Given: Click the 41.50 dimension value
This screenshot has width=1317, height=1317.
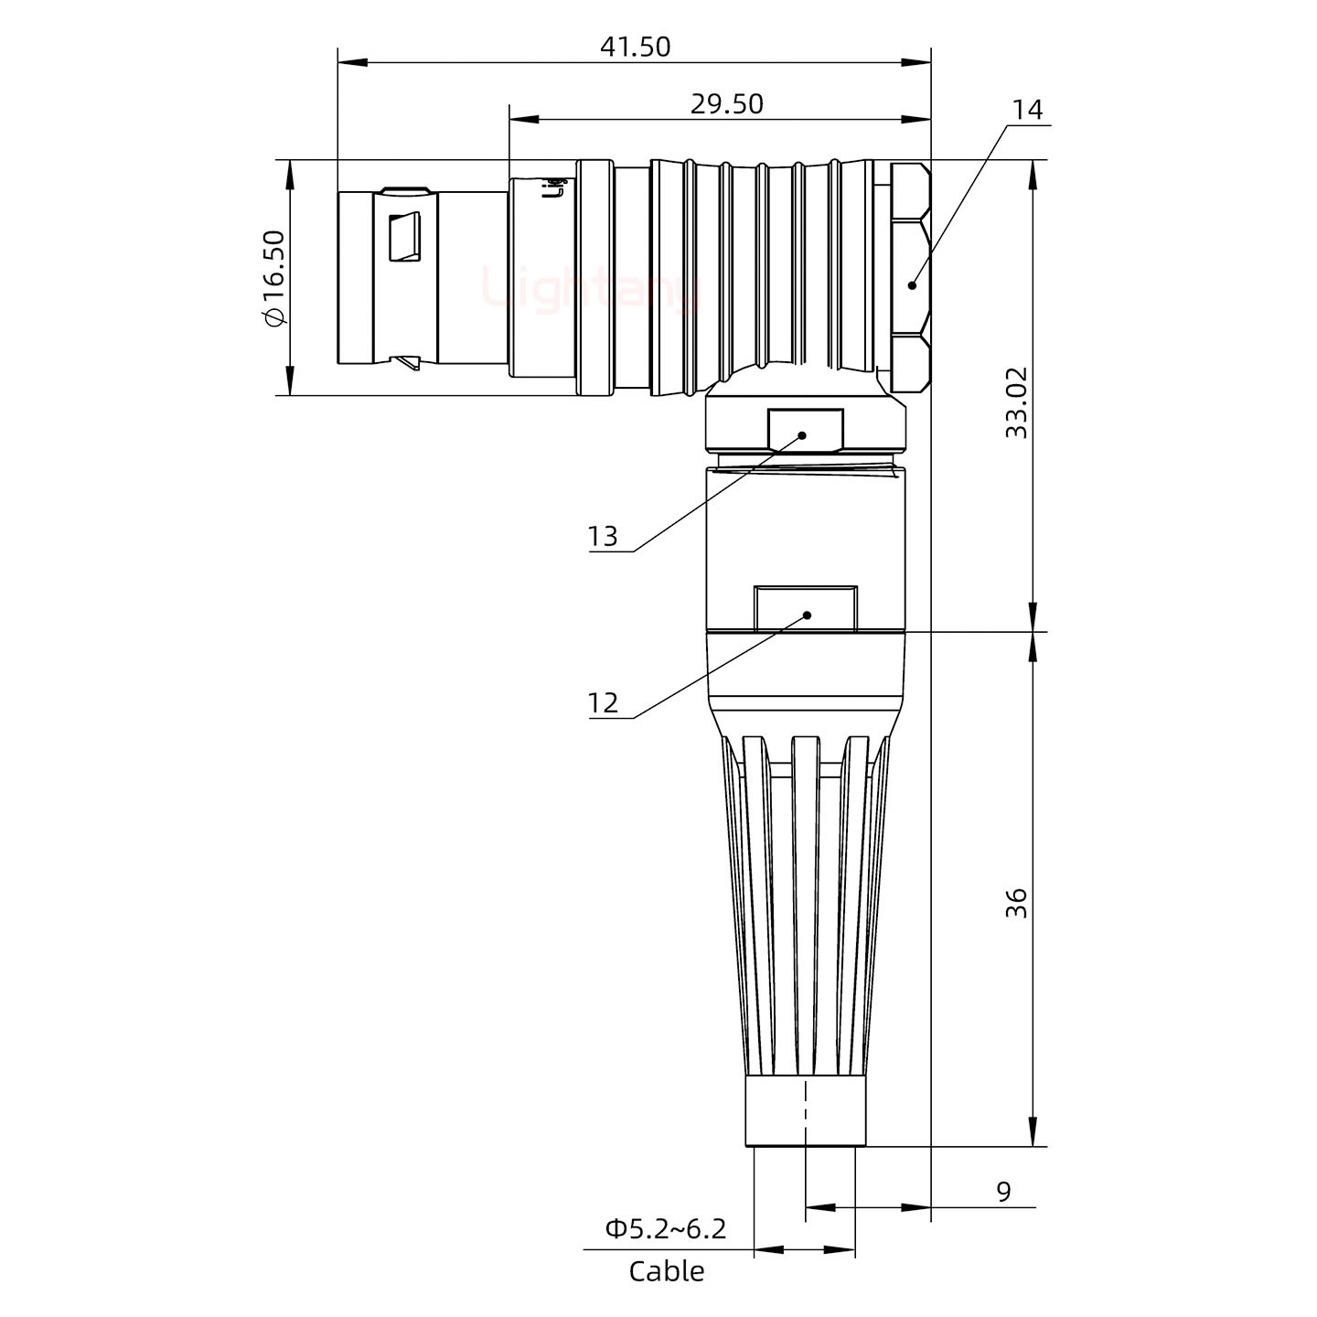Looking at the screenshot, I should [635, 47].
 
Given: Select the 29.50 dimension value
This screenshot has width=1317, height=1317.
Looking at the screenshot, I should [726, 104].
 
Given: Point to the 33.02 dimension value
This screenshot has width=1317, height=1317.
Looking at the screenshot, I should [1016, 402].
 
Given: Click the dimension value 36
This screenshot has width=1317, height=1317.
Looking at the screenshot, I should [1016, 903].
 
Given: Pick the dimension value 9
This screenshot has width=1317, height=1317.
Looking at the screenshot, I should [1003, 1192].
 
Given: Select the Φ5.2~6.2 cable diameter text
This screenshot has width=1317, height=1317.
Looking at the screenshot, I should [665, 1228].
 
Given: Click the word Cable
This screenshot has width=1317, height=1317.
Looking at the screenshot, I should [667, 1271].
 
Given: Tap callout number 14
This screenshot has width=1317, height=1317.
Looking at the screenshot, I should [1027, 111].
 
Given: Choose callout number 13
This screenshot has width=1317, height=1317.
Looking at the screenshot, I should [603, 536].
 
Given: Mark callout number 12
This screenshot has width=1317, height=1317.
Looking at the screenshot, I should [603, 702].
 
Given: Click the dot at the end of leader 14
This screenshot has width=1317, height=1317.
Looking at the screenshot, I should [913, 285].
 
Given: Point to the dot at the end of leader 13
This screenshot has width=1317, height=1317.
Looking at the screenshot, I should [803, 435].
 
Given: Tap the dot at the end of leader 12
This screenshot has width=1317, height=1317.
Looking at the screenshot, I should [807, 615].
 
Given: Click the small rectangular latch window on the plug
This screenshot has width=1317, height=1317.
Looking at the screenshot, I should [403, 238].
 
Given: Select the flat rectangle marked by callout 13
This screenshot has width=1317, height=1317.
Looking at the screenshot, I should [805, 430].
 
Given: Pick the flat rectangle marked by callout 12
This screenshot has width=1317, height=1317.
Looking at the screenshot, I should [806, 607].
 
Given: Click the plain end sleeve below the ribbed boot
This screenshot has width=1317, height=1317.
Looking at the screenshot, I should [805, 1111].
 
